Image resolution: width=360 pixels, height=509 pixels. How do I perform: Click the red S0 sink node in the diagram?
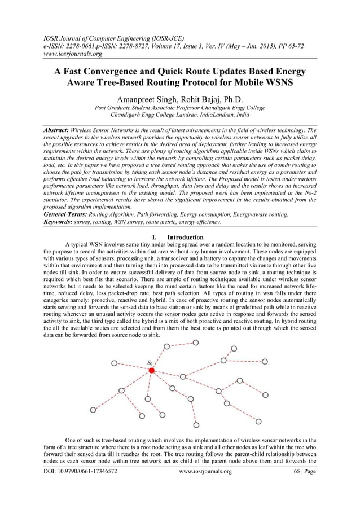coord(152,370)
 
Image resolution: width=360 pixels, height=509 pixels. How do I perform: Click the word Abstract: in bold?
coord(60,130)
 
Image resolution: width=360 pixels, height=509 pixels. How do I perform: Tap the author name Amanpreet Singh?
coord(148,100)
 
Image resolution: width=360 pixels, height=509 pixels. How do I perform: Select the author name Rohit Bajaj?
coord(200,100)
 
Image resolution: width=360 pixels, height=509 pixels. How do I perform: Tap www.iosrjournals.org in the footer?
coord(205,486)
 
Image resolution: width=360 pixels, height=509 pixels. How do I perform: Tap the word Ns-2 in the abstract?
coord(308,193)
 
